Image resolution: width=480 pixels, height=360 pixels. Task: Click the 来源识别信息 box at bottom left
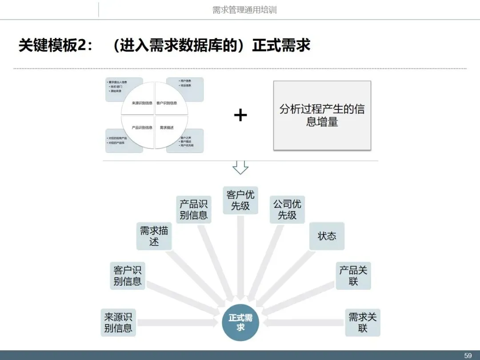point(118,323)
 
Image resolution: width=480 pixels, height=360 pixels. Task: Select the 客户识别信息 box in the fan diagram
point(128,276)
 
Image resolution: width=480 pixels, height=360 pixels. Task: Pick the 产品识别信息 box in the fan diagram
point(193,209)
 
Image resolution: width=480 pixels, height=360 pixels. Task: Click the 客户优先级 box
point(240,200)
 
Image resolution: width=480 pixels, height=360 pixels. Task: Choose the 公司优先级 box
point(287,209)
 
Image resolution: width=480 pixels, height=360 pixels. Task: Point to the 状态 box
point(327,236)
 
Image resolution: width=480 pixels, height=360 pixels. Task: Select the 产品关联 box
point(353,276)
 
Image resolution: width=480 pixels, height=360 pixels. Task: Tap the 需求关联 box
point(363,323)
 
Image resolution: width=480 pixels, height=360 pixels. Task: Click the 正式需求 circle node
point(240,323)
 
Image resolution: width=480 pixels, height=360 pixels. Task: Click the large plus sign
point(240,116)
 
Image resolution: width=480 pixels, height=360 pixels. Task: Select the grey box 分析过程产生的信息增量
point(322,116)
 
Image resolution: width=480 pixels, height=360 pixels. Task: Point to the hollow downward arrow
point(240,167)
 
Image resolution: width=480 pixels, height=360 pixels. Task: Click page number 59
point(468,356)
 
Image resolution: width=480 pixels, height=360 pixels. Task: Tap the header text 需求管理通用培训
point(244,10)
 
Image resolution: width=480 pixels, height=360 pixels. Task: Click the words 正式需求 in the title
point(281,46)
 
